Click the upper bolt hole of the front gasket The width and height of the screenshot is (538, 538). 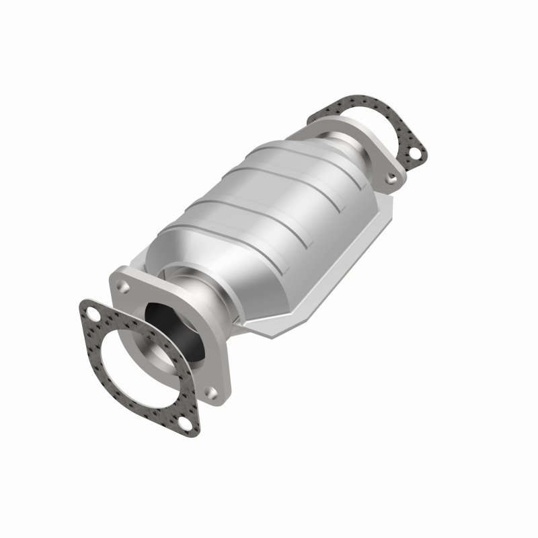tap(90, 311)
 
